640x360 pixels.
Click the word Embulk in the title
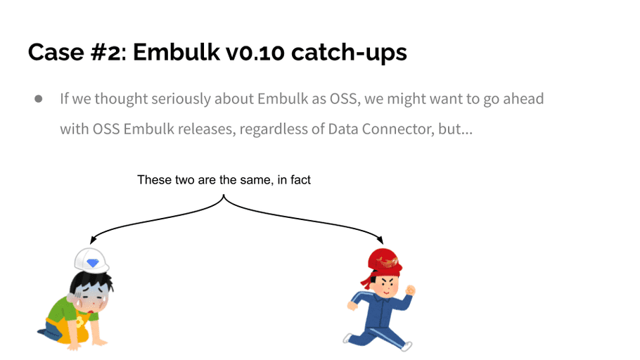(x=176, y=52)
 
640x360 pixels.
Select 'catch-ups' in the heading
(x=349, y=53)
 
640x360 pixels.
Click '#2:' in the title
(x=108, y=52)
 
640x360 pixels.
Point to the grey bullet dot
(x=39, y=98)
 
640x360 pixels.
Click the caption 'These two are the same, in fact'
(x=224, y=179)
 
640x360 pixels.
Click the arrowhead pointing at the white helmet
(x=93, y=240)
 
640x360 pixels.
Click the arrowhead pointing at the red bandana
(x=380, y=240)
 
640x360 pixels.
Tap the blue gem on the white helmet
(x=93, y=263)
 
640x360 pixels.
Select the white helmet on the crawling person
(x=91, y=260)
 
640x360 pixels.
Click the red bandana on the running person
(x=383, y=264)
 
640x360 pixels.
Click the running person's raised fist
(x=410, y=290)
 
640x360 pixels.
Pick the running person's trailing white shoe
(x=348, y=338)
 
